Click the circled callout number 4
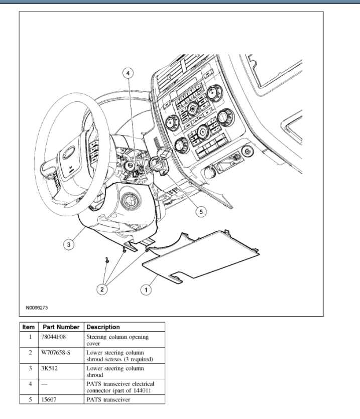pos(128,73)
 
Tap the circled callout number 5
pos(201,212)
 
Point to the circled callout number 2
pos(103,290)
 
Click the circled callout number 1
pos(146,290)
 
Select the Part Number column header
pos(61,326)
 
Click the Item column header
pos(29,326)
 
